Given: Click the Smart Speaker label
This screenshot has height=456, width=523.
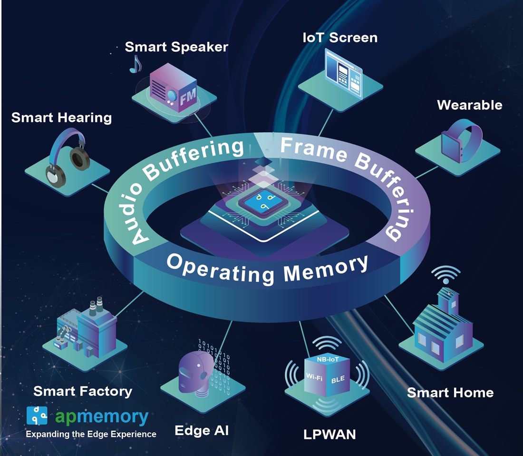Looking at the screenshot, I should [176, 47].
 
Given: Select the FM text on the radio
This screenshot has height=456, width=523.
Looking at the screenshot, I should [186, 99].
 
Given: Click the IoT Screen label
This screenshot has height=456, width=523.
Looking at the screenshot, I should [340, 38].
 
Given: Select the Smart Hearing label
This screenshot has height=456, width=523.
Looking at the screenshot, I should [61, 118].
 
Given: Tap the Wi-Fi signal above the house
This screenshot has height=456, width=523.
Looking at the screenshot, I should [446, 275].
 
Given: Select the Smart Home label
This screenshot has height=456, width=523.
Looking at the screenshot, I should [450, 393].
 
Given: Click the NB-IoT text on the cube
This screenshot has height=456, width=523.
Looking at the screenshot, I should [328, 359].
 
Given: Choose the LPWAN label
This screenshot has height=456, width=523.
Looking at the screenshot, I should [329, 434].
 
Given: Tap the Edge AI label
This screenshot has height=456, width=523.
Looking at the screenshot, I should [202, 431].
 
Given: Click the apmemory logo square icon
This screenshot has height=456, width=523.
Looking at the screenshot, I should [37, 416].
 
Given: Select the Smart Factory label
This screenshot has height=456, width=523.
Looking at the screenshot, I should [83, 391].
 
